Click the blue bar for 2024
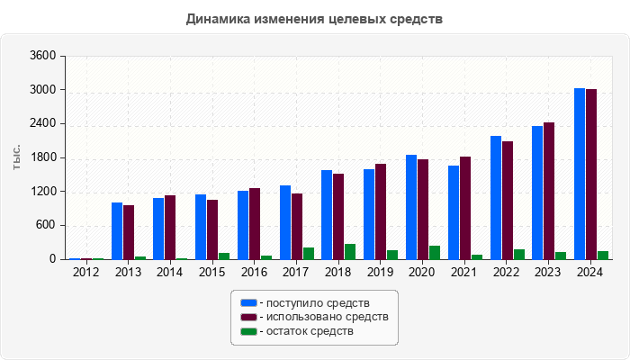580,174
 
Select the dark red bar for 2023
549,191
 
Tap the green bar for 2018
350,252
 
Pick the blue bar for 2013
117,231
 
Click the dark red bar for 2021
465,208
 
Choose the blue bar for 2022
496,198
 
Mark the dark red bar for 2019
381,211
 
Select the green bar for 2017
309,254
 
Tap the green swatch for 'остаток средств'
248,331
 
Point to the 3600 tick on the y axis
43,56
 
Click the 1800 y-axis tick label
43,157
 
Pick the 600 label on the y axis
46,226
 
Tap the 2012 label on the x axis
86,273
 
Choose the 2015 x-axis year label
212,273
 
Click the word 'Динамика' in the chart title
217,19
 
